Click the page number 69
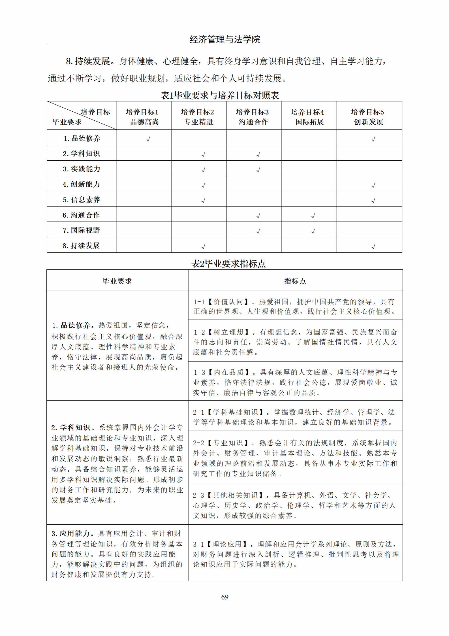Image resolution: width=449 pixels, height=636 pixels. (x=224, y=597)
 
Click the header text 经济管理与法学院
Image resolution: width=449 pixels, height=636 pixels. (x=225, y=39)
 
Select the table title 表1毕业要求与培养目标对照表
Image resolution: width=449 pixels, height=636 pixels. (x=220, y=95)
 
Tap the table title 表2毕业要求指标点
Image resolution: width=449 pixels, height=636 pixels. (x=228, y=264)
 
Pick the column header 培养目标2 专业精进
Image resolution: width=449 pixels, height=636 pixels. (x=198, y=117)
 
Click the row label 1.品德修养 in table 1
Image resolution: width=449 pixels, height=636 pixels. (x=82, y=138)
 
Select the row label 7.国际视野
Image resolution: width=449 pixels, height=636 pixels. (x=81, y=230)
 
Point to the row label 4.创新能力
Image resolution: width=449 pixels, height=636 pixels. (x=81, y=184)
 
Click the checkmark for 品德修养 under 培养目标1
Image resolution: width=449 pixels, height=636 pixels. (x=148, y=139)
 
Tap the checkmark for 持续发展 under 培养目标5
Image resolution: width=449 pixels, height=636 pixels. (x=373, y=247)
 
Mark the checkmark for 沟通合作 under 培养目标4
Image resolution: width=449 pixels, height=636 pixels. (x=313, y=216)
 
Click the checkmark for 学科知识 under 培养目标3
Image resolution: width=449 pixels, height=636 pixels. (x=258, y=154)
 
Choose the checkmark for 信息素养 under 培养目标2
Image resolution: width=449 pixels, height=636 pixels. (x=203, y=201)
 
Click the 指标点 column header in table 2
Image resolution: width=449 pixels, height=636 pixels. (x=295, y=281)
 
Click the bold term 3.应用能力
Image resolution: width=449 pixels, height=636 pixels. (x=72, y=534)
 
